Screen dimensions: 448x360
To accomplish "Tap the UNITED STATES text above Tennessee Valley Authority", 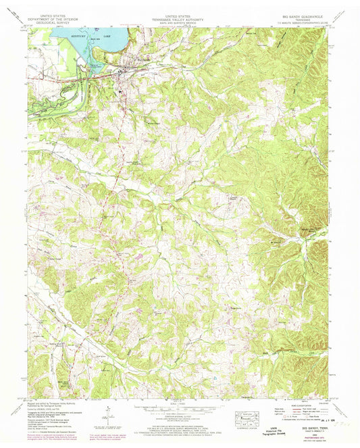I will click(x=179, y=12).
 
